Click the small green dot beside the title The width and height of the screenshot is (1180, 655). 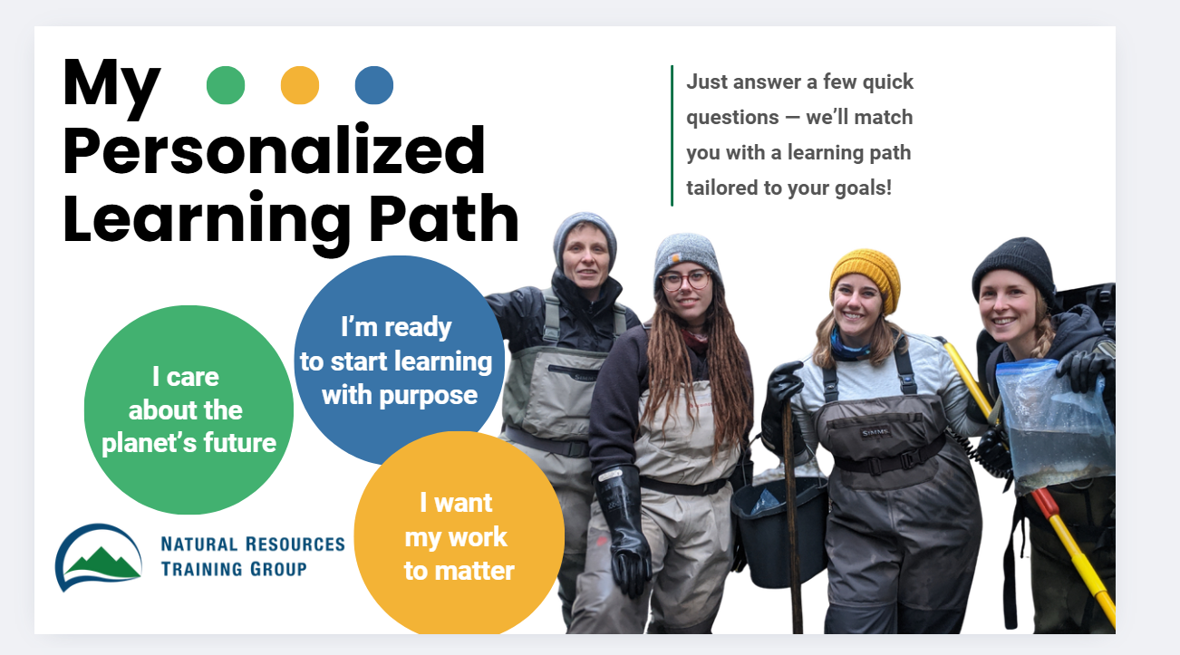(226, 85)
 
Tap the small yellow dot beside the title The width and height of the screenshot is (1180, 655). (300, 85)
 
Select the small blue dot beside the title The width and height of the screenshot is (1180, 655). (374, 85)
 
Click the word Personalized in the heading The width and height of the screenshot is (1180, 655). (274, 151)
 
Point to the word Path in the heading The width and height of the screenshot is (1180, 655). (444, 218)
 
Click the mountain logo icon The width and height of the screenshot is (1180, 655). (98, 557)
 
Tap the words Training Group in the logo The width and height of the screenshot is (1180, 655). (234, 569)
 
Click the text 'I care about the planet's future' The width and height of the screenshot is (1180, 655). (189, 409)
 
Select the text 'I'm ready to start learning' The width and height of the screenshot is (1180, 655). (396, 344)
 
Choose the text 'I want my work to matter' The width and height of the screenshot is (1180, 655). (459, 536)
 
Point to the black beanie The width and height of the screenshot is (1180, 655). (1014, 267)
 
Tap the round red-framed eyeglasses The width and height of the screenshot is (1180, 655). (686, 281)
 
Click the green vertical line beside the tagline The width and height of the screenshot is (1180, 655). (672, 135)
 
